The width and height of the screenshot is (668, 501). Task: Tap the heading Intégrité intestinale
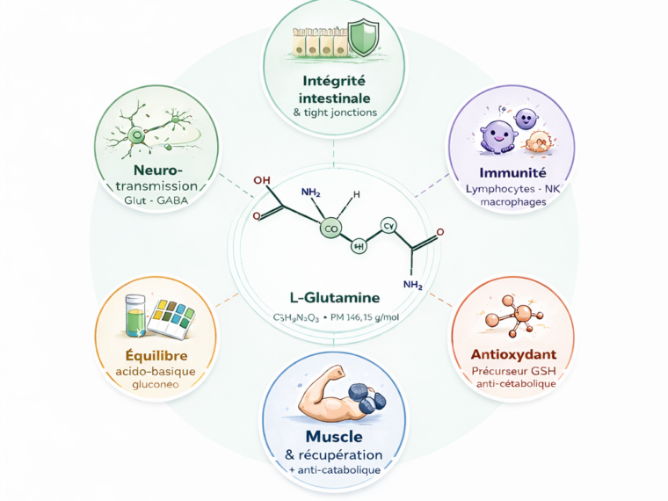coord(333,90)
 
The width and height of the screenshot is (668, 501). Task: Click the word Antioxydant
coord(510,354)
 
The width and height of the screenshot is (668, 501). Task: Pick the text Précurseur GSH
coord(510,370)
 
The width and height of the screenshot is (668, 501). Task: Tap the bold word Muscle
coord(334,437)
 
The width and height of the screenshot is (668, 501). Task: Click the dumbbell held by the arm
coord(365,398)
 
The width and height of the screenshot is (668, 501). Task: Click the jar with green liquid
coord(134,314)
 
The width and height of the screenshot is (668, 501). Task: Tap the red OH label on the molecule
coord(261,181)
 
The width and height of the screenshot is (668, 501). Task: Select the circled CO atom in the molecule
coord(331,229)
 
